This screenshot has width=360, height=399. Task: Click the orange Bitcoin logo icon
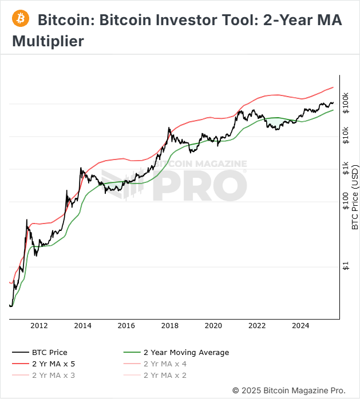tap(21, 18)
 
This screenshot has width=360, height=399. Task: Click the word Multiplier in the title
tap(48, 41)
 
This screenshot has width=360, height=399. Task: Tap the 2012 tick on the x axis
tap(39, 326)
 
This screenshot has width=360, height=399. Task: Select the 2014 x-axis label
tap(82, 326)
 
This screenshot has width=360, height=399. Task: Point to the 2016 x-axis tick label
tap(126, 326)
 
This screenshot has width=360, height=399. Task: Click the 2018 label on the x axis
tap(169, 326)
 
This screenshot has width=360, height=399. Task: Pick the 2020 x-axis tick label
tap(213, 326)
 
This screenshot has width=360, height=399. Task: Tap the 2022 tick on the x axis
tap(257, 326)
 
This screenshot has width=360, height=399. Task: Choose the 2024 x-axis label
tap(300, 326)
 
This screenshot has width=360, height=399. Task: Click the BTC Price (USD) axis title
tap(355, 197)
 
